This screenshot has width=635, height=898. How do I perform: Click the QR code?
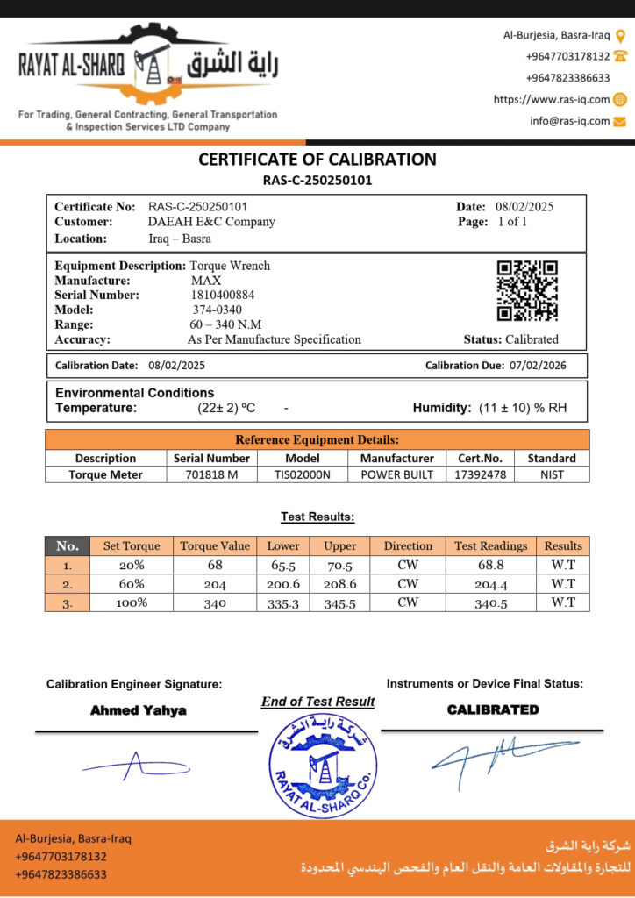[x=527, y=290]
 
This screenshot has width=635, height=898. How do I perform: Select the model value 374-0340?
[x=217, y=310]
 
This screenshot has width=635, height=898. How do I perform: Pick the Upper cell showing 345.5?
[x=339, y=603]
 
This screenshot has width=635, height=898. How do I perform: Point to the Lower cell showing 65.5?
[x=283, y=566]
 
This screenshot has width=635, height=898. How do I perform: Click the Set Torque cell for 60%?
[x=132, y=583]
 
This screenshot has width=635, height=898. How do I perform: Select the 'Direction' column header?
[x=408, y=545]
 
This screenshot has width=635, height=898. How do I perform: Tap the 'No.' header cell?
[x=68, y=545]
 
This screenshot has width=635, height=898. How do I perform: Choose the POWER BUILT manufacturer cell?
[x=397, y=474]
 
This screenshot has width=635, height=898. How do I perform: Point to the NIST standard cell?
[x=552, y=474]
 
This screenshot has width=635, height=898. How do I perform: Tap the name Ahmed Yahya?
[x=139, y=710]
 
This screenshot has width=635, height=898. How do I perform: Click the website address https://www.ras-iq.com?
[x=552, y=99]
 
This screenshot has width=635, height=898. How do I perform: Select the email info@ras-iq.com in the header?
[x=569, y=121]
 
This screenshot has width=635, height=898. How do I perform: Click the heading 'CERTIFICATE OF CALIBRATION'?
[x=317, y=160]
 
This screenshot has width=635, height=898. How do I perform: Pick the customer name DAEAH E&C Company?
[x=211, y=222]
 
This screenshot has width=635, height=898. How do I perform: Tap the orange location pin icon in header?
[x=620, y=36]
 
